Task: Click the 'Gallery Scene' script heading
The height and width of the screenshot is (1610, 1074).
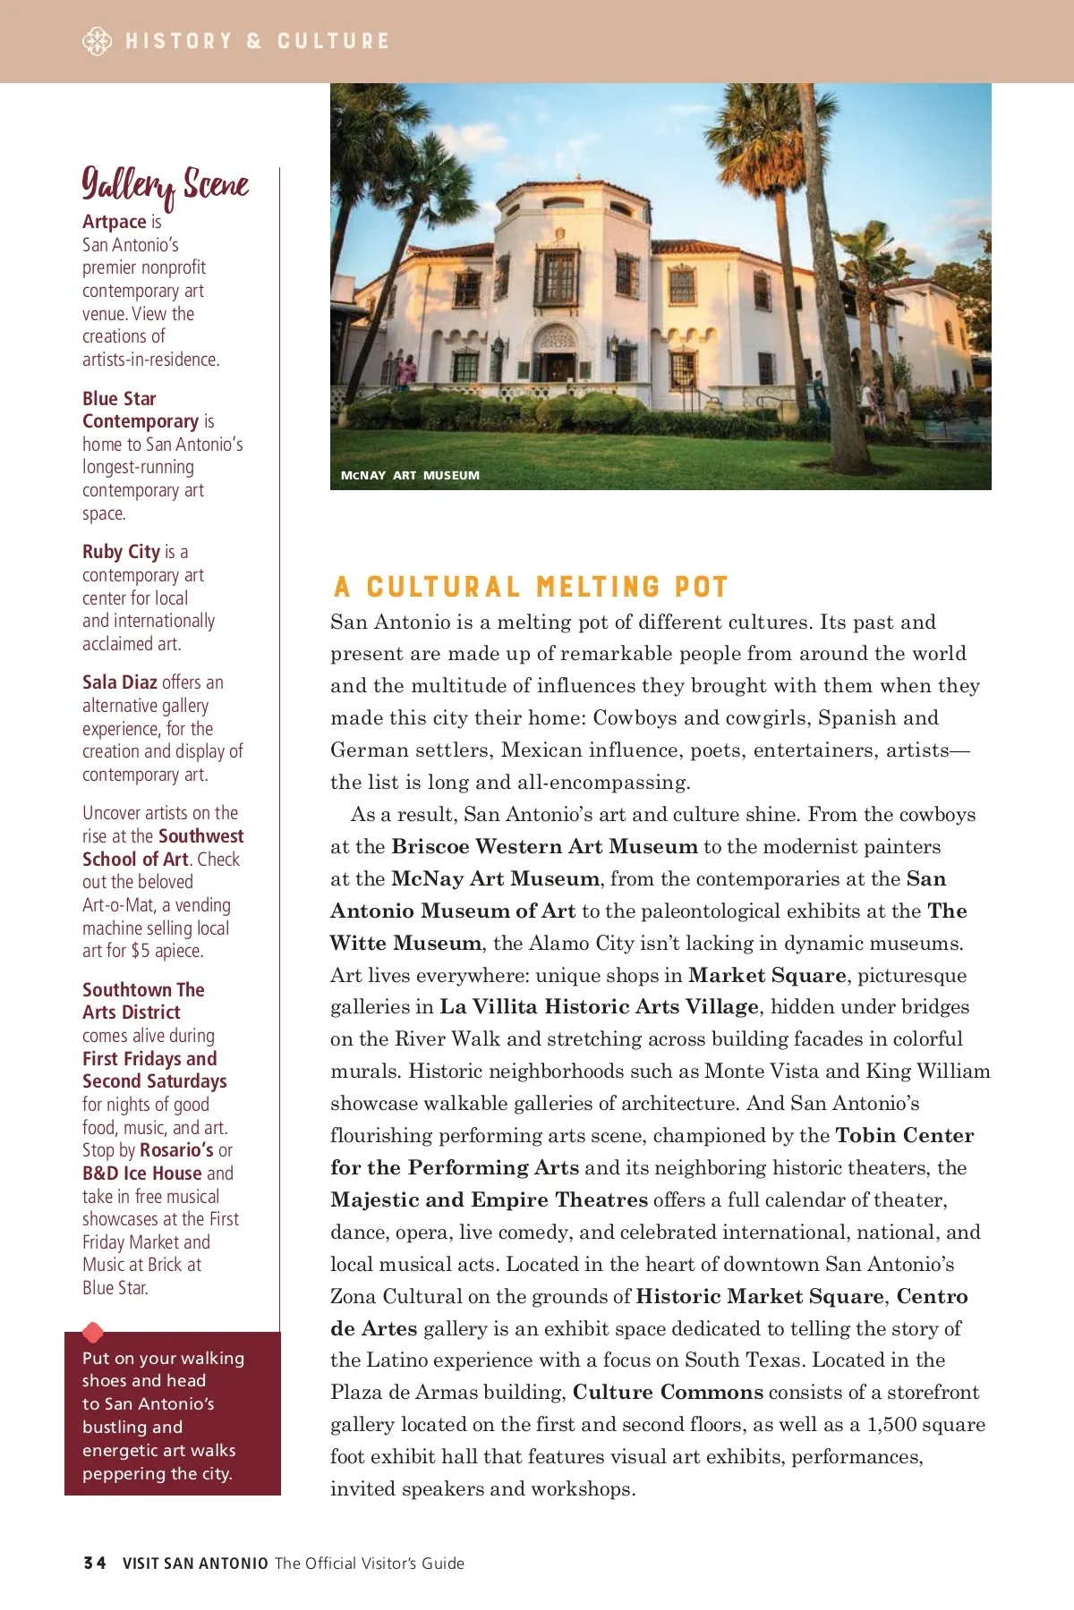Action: click(x=165, y=185)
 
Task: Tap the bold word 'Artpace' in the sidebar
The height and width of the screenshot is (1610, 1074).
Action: click(x=115, y=222)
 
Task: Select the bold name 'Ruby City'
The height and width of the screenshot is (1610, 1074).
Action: click(x=121, y=552)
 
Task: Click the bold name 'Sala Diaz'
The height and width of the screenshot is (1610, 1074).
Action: click(x=120, y=682)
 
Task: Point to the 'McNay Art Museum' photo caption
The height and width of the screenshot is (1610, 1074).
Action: click(x=410, y=476)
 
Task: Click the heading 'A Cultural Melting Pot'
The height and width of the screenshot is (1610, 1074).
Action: click(x=531, y=587)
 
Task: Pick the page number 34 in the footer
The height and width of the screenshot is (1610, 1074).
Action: click(x=94, y=1563)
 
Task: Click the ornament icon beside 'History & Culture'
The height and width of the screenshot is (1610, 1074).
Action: click(x=97, y=41)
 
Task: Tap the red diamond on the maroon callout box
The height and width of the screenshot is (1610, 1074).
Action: click(x=93, y=1333)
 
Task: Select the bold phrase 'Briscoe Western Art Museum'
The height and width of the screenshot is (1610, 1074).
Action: click(x=544, y=847)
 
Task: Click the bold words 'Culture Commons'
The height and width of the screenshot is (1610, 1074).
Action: click(x=668, y=1393)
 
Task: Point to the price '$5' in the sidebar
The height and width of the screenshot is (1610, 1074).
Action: click(x=141, y=951)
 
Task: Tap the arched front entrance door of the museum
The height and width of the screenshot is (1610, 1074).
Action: click(x=560, y=365)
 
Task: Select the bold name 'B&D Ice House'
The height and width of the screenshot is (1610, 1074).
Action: click(x=142, y=1174)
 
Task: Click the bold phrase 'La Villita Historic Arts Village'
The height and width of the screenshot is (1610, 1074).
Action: click(x=599, y=1007)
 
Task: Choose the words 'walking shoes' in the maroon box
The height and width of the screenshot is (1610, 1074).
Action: click(x=163, y=1369)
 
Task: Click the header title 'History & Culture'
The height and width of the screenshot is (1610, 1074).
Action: click(x=258, y=41)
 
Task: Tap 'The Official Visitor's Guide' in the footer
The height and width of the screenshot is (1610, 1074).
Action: click(x=369, y=1563)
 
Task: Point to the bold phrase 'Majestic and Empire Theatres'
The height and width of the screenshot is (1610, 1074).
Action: click(x=489, y=1200)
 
